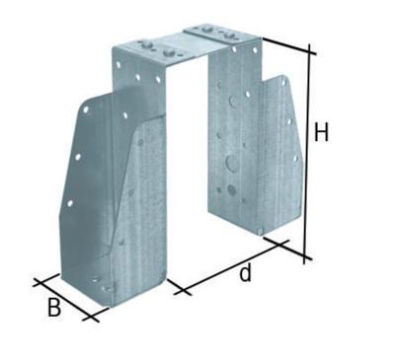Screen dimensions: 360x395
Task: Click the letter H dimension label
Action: pos(321,131)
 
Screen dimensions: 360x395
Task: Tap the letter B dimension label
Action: pos(54,307)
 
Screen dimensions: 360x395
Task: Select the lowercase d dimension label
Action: pos(245,275)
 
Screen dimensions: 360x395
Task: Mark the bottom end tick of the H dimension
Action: pos(306,257)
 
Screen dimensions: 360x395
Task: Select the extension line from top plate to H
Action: pos(286,45)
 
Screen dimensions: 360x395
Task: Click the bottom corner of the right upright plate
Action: pos(259,233)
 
